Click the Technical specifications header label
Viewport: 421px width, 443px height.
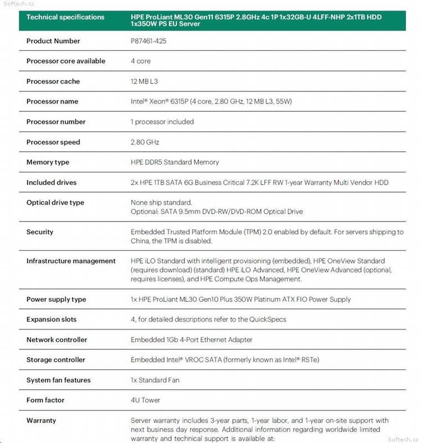[65, 17]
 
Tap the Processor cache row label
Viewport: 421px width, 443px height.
[53, 81]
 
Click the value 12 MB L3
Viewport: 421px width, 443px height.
[145, 81]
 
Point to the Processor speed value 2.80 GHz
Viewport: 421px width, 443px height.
[145, 142]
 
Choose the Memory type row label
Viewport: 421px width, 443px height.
[48, 162]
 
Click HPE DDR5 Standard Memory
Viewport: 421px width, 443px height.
[175, 162]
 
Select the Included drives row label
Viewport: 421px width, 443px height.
[52, 183]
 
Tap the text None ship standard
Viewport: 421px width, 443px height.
[161, 203]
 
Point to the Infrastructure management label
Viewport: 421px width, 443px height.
[71, 261]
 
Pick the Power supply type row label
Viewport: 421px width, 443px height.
[56, 300]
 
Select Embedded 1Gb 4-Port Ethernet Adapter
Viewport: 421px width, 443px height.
[192, 340]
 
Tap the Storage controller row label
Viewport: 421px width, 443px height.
[56, 360]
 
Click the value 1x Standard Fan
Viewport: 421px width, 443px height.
[155, 380]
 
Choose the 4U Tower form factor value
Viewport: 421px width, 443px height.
[146, 400]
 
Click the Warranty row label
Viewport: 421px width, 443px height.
[41, 421]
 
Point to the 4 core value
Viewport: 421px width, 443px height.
[141, 61]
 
